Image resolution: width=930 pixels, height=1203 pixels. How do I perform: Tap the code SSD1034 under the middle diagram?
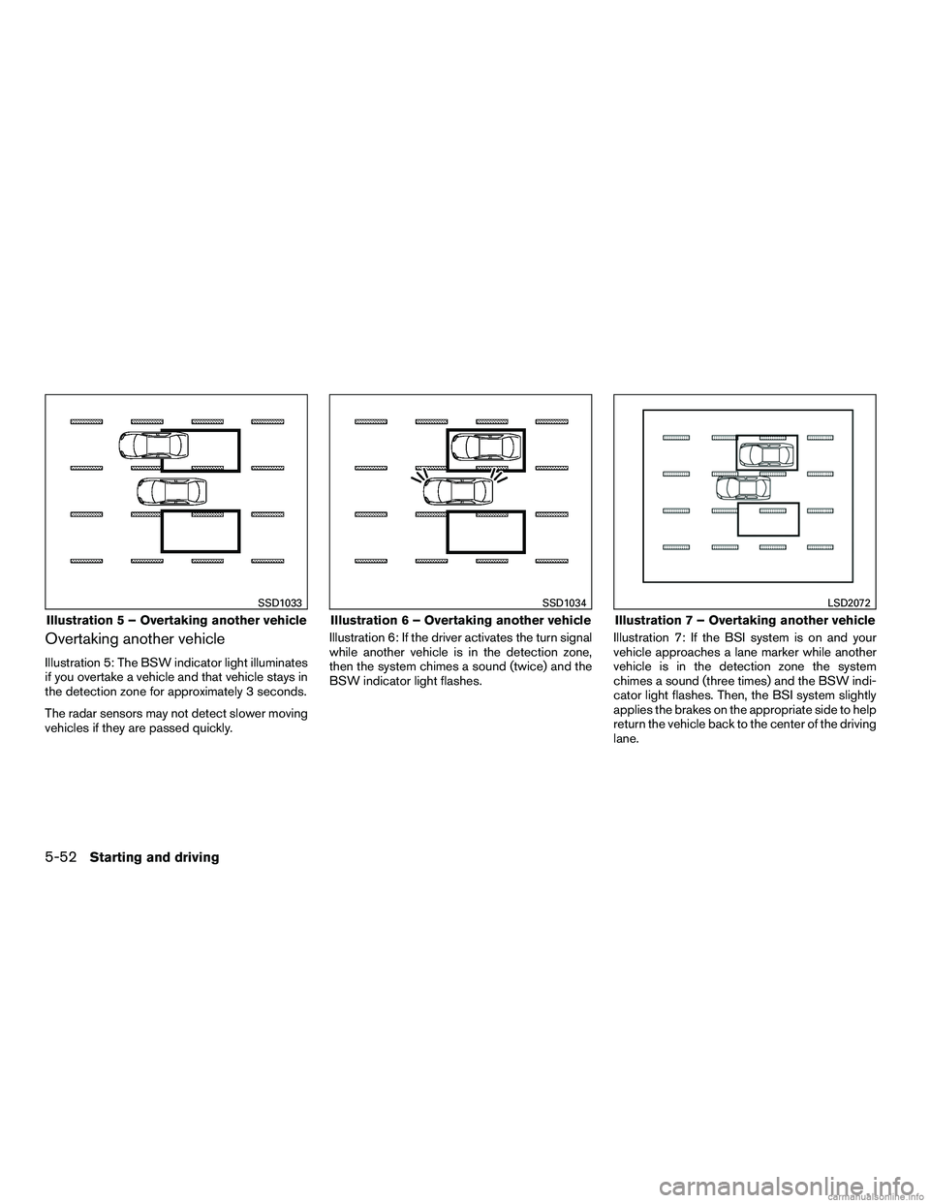[565, 604]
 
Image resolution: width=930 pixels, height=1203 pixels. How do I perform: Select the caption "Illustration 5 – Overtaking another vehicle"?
[170, 620]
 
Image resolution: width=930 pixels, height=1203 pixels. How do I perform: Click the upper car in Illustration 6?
[486, 448]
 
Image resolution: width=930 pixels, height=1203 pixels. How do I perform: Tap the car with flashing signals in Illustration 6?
[459, 492]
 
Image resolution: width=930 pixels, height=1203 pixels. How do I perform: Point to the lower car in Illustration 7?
[743, 488]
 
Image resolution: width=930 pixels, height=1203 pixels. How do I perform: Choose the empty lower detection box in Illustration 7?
[768, 519]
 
